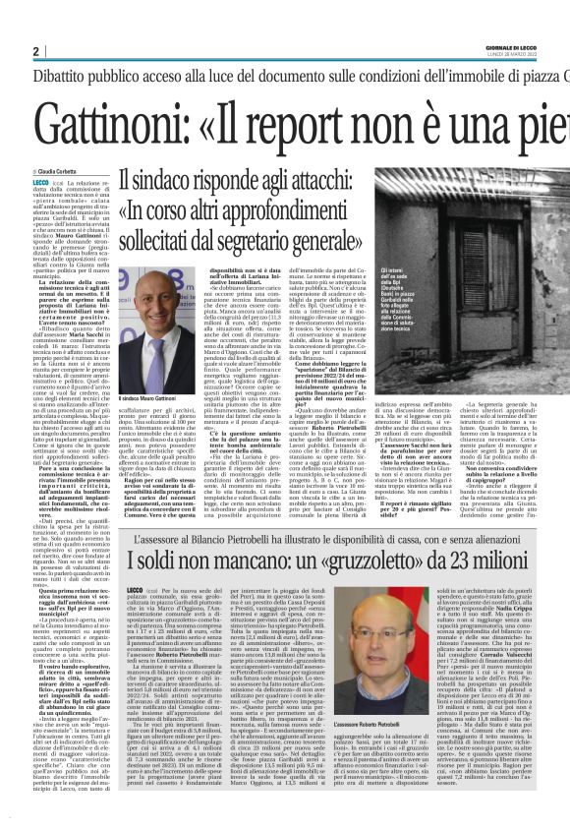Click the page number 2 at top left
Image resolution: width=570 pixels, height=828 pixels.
coord(35,52)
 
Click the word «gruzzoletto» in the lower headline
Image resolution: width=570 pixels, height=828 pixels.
coord(383,562)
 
